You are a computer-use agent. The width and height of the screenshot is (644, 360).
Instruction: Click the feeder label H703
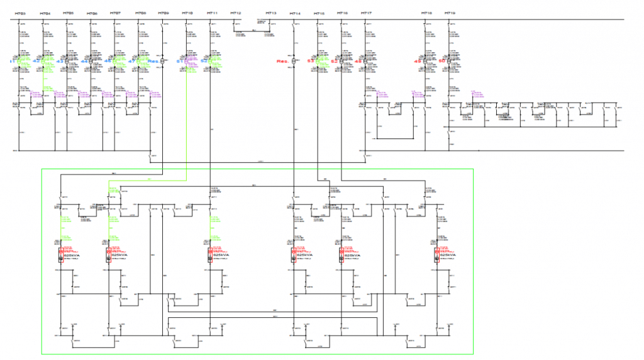point(21,13)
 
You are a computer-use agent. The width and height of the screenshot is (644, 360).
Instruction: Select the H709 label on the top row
point(164,13)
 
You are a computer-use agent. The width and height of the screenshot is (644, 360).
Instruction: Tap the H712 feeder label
point(235,13)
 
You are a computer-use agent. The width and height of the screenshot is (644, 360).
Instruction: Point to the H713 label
point(271,13)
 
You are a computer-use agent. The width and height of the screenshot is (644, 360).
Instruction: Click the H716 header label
point(342,13)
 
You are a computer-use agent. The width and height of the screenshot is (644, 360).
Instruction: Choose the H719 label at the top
point(450,13)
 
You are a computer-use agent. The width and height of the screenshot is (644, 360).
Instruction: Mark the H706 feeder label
point(92,13)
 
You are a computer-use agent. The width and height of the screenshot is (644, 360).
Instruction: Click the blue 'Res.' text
point(153,62)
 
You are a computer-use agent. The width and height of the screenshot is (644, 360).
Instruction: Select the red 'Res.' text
point(282,62)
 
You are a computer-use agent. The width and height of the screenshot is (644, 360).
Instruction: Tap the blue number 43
point(60,62)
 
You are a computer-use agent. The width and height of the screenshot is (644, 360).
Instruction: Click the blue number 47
point(131,62)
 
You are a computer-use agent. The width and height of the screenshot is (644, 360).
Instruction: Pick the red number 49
point(417,62)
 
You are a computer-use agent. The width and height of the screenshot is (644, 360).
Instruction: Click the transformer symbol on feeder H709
point(163,62)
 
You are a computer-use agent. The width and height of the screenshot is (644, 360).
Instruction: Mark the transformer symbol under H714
point(294,62)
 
